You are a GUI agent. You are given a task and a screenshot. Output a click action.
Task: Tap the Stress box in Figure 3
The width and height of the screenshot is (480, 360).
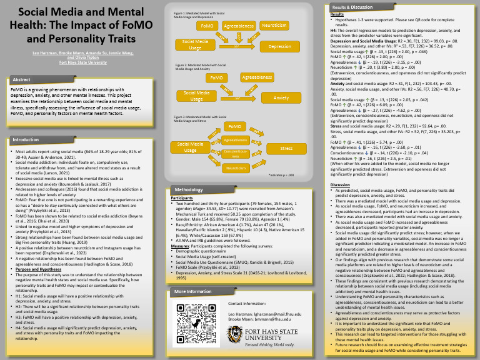(x=286, y=149)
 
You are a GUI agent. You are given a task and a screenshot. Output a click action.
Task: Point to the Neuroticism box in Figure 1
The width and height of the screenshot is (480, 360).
(x=274, y=26)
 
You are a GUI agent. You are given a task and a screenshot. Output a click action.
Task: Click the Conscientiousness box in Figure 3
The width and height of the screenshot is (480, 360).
(x=236, y=154)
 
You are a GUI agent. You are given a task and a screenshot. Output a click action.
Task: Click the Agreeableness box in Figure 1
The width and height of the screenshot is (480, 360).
(x=239, y=26)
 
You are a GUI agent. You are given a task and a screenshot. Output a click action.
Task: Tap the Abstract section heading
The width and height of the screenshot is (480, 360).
(x=22, y=80)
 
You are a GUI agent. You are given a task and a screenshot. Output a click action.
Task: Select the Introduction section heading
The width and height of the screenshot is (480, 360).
(x=26, y=139)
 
